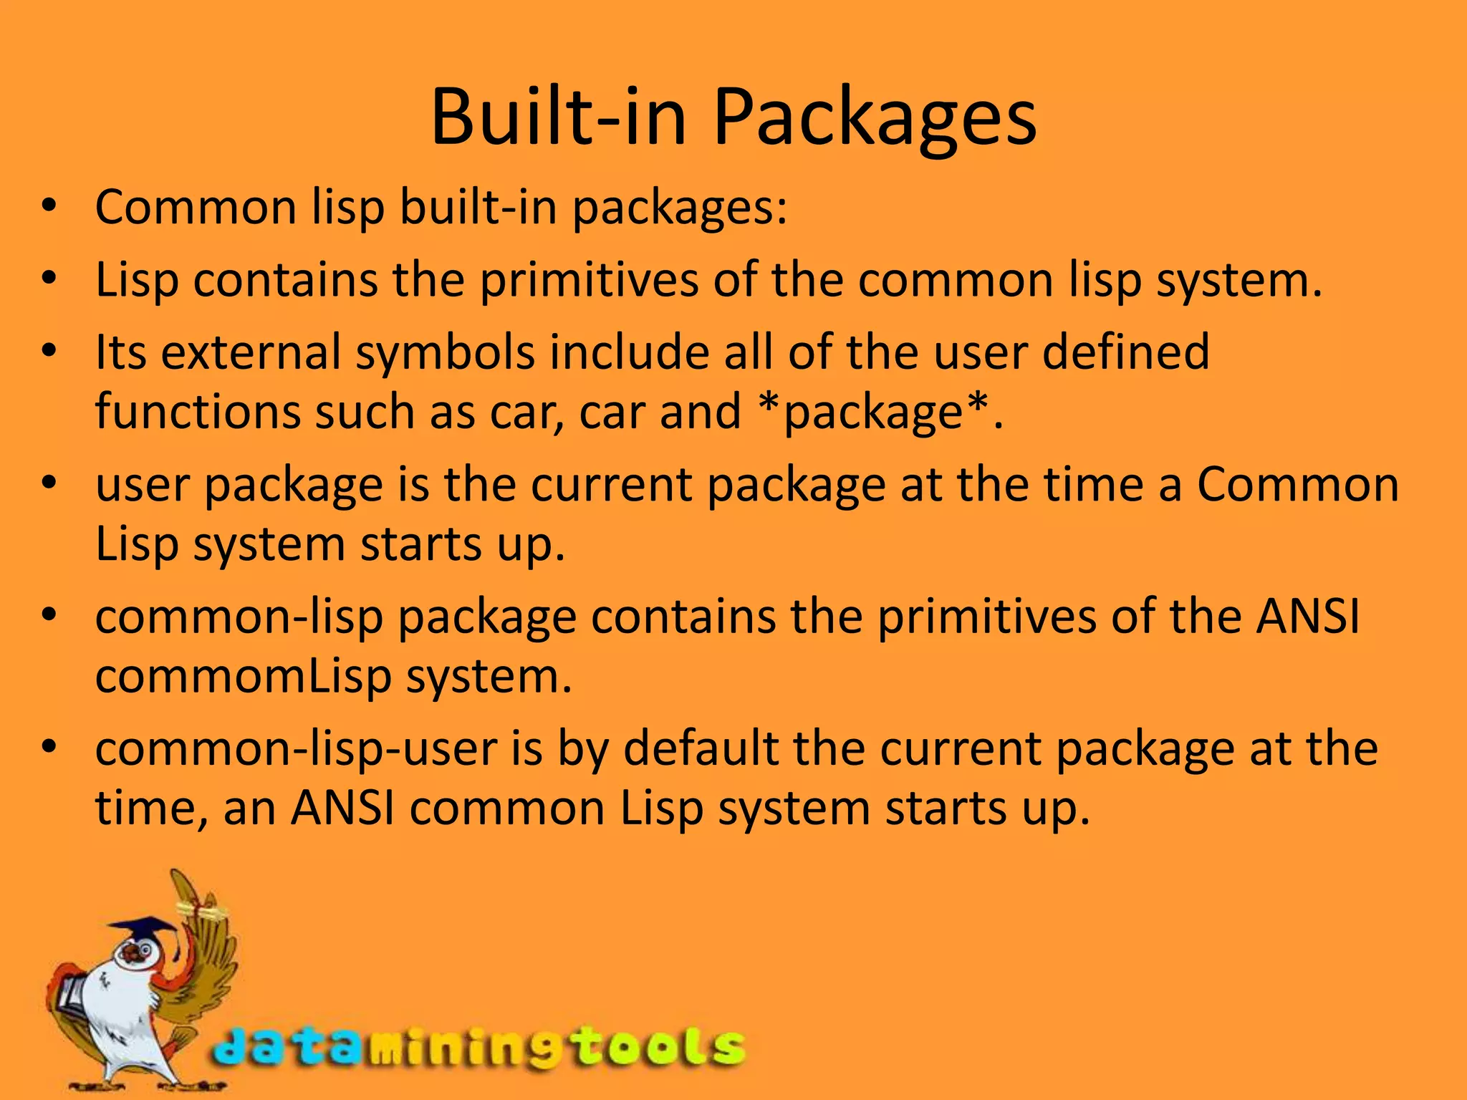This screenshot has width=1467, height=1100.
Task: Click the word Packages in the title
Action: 874,118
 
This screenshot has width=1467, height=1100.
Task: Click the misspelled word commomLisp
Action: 244,677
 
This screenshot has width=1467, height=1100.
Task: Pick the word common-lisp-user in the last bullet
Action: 297,751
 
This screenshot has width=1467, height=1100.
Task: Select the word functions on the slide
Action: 198,412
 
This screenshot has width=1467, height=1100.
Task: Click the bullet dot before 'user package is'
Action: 49,484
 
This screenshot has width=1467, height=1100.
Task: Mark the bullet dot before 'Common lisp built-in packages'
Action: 49,208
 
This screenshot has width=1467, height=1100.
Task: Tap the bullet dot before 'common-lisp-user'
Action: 49,748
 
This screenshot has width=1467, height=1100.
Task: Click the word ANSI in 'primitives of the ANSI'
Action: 1307,617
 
